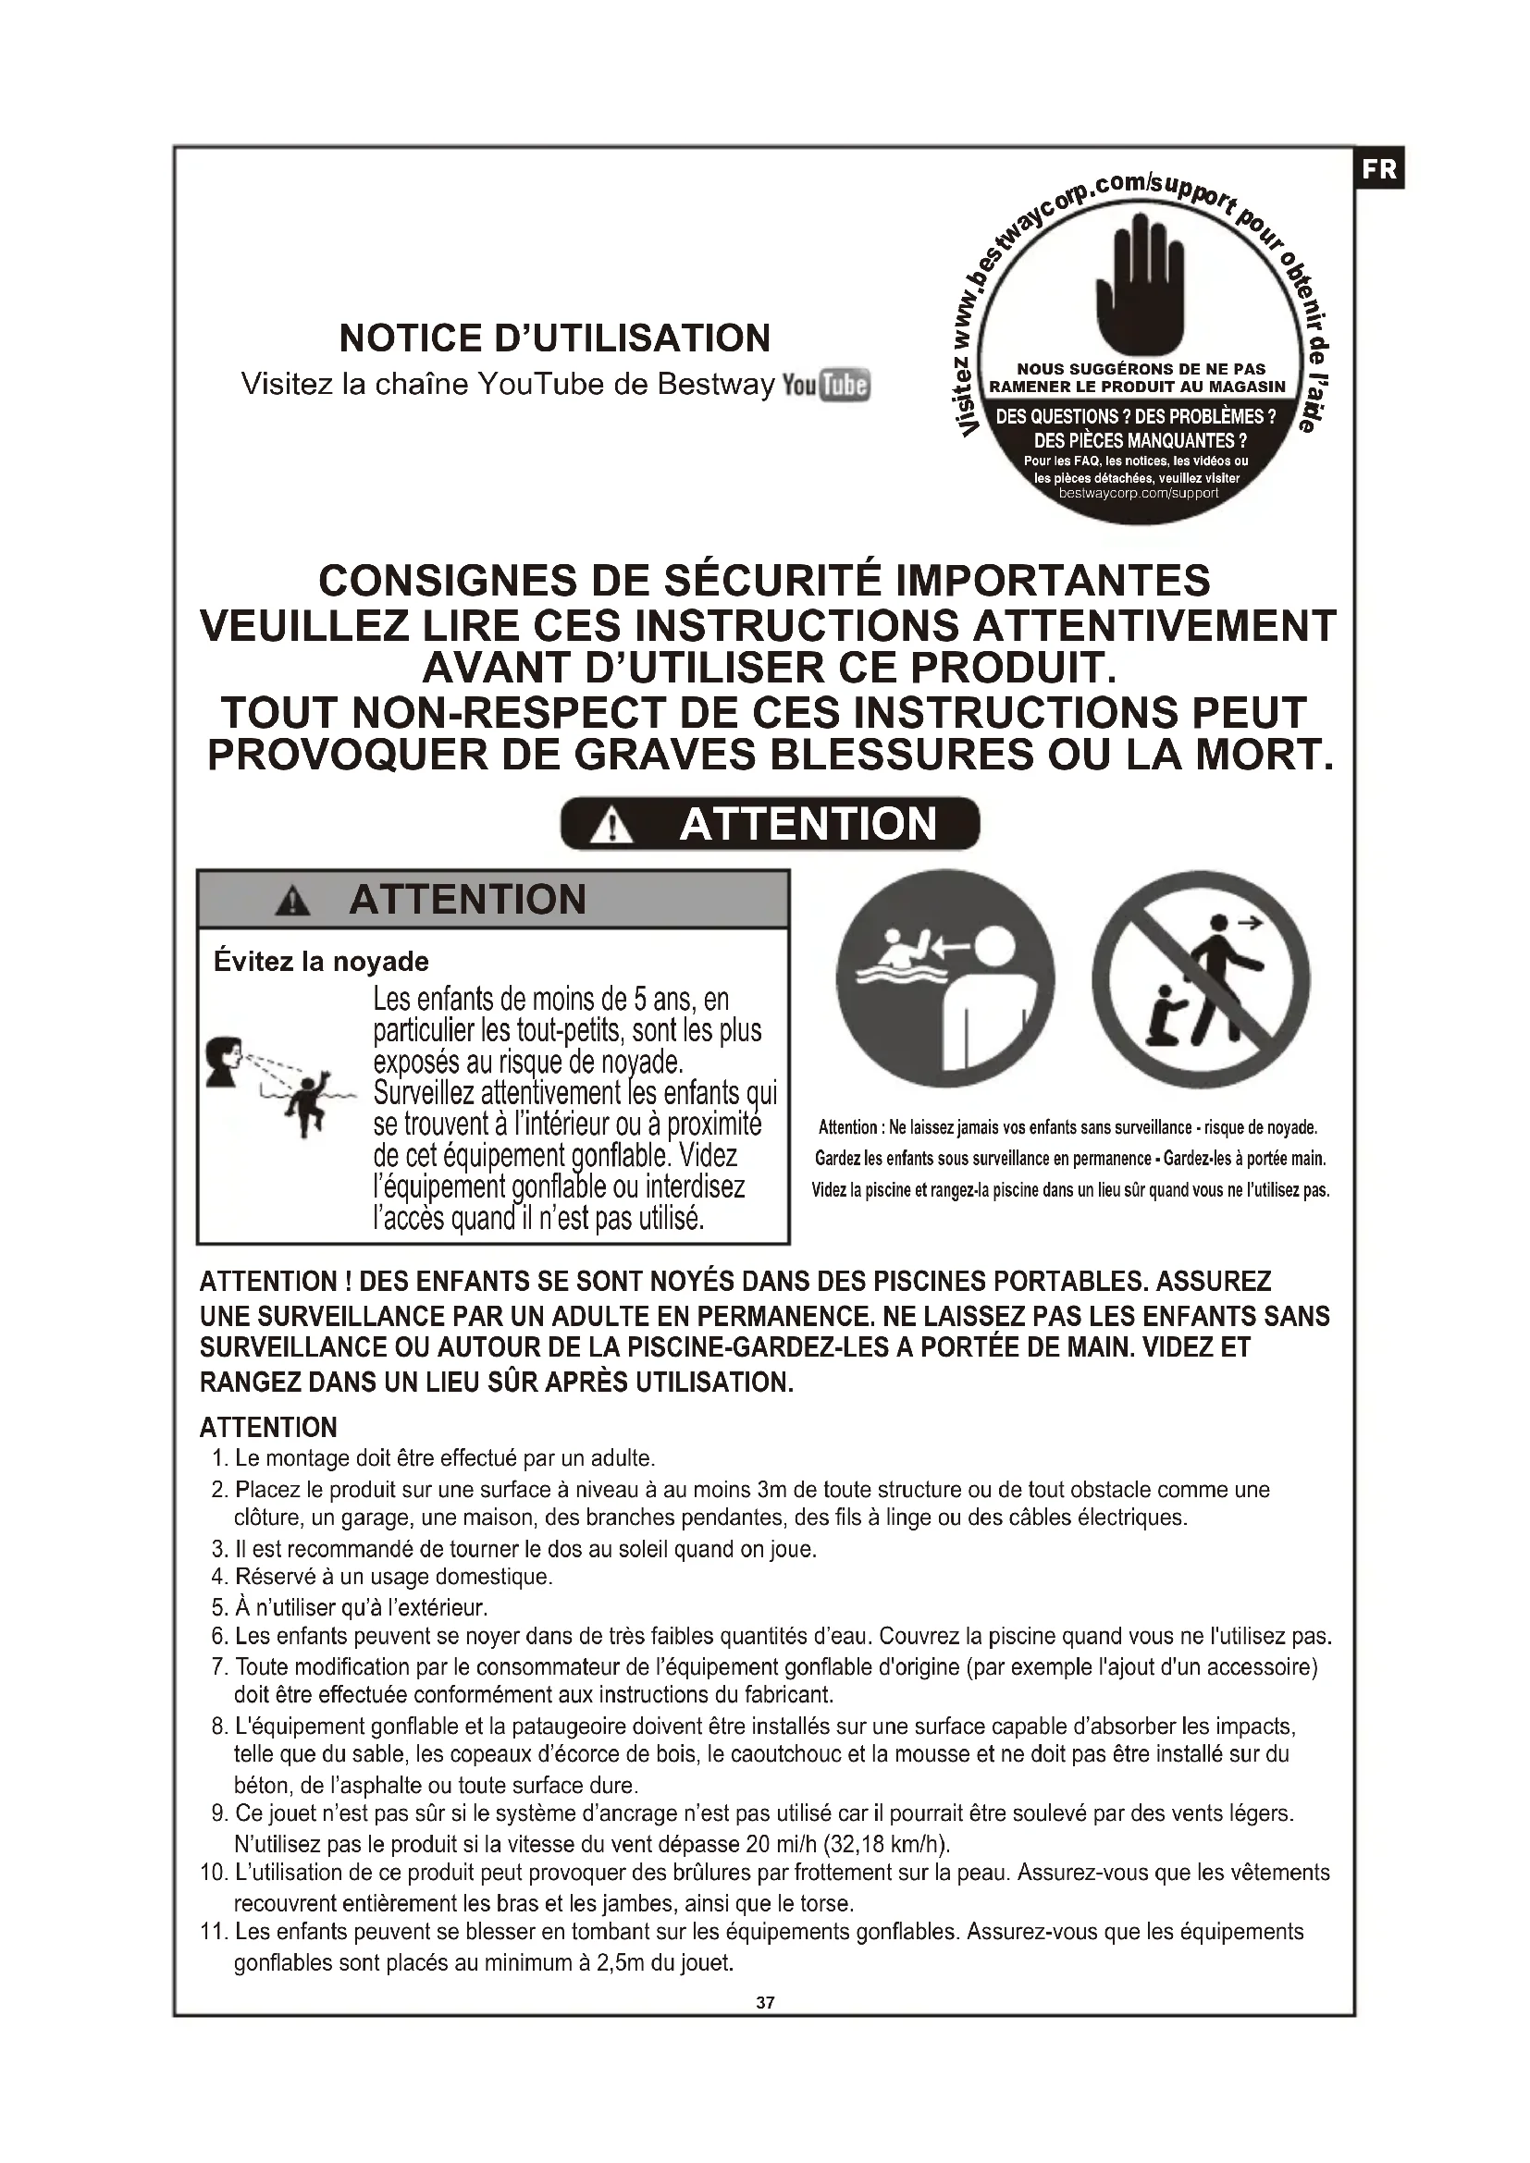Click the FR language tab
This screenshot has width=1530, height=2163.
pos(1379,168)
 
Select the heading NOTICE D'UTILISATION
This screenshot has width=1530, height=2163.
pos(555,338)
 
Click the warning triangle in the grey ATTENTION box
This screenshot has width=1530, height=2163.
pos(293,902)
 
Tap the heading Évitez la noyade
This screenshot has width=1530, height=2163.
pos(321,962)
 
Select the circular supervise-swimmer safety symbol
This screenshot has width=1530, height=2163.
pos(945,978)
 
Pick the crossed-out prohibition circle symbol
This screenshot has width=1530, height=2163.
pos(1201,978)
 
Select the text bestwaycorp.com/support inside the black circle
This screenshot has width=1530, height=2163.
pos(1138,493)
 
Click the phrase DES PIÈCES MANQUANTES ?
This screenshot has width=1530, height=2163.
pos(1140,440)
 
